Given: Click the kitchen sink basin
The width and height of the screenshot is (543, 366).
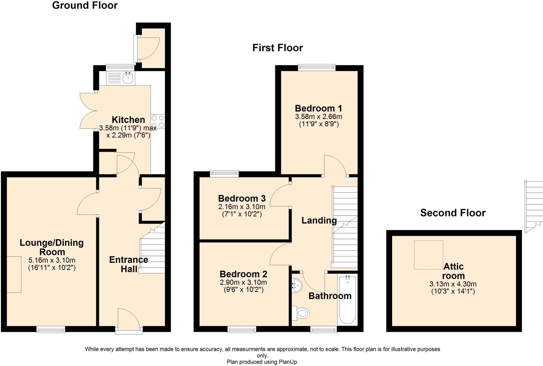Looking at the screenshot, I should [x=128, y=78].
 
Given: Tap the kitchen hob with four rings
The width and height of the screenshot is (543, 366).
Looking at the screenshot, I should [x=158, y=121].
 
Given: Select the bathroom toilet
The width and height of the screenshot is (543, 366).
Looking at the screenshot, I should [x=301, y=313].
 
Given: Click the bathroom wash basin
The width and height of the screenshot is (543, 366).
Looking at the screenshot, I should [x=297, y=286].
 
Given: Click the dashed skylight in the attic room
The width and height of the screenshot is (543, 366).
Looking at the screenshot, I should [x=428, y=255].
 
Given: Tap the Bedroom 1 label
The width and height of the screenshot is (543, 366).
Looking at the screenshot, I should [x=318, y=108].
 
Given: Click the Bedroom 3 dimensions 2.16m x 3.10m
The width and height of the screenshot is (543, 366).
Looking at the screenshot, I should [x=242, y=207].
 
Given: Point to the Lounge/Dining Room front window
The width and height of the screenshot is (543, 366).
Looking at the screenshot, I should [x=51, y=329].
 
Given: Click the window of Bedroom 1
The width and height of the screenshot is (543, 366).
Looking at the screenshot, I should [x=317, y=68].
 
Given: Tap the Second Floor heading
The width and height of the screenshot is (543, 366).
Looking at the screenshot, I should [x=453, y=213].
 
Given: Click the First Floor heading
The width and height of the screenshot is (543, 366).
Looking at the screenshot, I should [x=277, y=48].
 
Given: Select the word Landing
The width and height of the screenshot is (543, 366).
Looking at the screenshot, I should [x=319, y=220].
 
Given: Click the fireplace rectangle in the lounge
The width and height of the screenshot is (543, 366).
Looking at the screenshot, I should [x=14, y=274].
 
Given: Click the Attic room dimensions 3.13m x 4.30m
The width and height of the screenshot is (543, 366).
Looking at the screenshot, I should [x=453, y=284].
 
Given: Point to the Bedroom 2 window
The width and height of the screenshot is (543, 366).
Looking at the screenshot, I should [x=242, y=330].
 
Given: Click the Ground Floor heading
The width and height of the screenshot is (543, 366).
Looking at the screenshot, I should [x=85, y=5].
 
